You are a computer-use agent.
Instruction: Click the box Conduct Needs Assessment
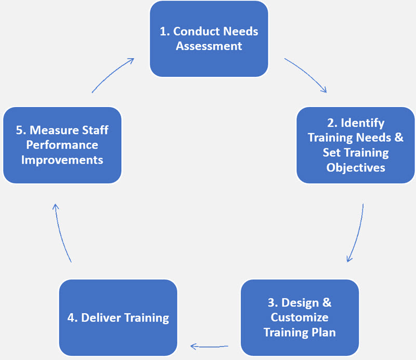209,39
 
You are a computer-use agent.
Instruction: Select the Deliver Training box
118,317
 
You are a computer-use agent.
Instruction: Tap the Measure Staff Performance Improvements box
62,145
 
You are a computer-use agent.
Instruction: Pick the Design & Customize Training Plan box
300,317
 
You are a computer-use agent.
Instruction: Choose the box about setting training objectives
356,145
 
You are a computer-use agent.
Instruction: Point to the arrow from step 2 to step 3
357,234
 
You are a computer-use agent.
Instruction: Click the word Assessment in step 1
209,46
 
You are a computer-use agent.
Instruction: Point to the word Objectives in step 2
356,167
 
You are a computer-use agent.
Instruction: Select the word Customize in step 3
300,317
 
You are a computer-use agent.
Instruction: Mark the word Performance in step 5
62,144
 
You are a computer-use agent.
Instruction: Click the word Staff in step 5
95,130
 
